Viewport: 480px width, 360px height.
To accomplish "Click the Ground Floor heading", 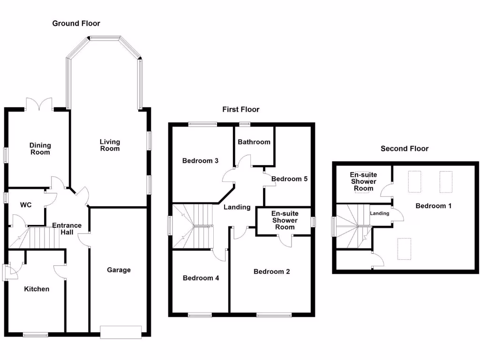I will click(x=76, y=23).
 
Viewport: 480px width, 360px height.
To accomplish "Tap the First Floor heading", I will click(x=240, y=110).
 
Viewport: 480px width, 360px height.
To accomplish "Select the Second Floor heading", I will click(x=405, y=149).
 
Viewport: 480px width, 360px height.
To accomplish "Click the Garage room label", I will click(x=119, y=270).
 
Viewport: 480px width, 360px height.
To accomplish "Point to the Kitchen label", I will click(x=37, y=289).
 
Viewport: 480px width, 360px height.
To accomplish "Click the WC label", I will click(x=25, y=205).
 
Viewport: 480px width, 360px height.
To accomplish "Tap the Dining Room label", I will click(x=40, y=149).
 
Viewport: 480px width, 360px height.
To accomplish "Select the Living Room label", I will click(x=110, y=145).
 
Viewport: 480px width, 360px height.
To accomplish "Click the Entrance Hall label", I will click(x=67, y=229).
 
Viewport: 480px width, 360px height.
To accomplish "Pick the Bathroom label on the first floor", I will click(x=254, y=142).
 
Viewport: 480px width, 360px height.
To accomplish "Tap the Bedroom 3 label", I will click(x=200, y=161).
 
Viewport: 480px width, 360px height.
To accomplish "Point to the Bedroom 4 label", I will click(x=201, y=278).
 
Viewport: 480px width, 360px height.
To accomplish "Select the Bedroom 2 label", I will click(x=271, y=271).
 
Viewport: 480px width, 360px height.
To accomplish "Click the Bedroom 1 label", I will click(x=434, y=206).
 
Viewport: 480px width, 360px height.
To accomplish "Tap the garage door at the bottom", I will click(x=120, y=332).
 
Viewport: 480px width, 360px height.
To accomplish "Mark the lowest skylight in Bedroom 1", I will click(x=405, y=248).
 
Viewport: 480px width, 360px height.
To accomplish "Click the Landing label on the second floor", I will click(x=379, y=213).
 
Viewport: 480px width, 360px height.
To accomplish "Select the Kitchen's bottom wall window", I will click(x=36, y=335).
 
